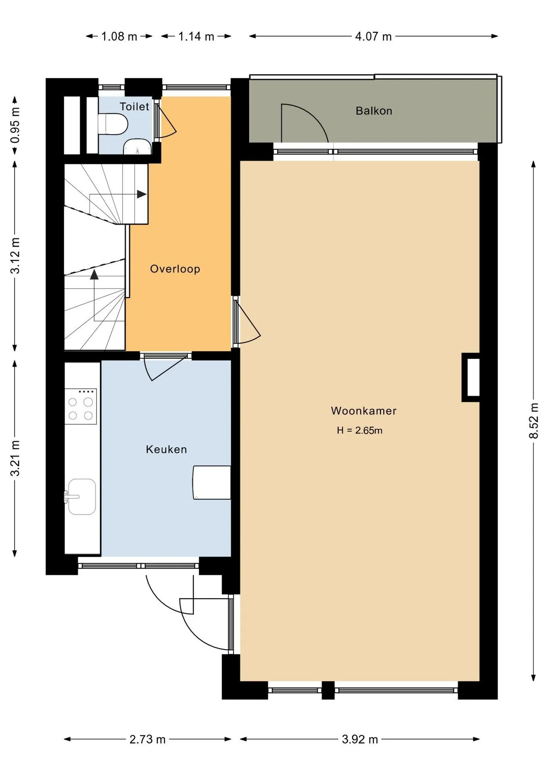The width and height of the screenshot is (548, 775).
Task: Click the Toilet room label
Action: pyautogui.click(x=134, y=107)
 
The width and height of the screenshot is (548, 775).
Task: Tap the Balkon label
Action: pyautogui.click(x=374, y=111)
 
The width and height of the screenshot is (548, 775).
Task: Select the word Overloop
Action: pyautogui.click(x=175, y=269)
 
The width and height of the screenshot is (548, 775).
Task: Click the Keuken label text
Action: pyautogui.click(x=166, y=449)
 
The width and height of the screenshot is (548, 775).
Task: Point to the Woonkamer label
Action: pyautogui.click(x=364, y=411)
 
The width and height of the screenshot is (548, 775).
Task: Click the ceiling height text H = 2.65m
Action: pyautogui.click(x=360, y=430)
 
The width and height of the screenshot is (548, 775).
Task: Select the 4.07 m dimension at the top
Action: pyautogui.click(x=373, y=37)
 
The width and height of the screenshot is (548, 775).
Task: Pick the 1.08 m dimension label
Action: pyautogui.click(x=119, y=37)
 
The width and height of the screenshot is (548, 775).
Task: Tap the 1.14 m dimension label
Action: pyautogui.click(x=196, y=37)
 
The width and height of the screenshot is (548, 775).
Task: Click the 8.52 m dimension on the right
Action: pyautogui.click(x=534, y=421)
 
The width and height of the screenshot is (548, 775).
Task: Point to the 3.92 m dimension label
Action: pyautogui.click(x=360, y=739)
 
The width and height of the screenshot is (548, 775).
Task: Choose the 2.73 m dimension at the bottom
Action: pyautogui.click(x=147, y=739)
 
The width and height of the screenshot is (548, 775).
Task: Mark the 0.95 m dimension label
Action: pyautogui.click(x=15, y=125)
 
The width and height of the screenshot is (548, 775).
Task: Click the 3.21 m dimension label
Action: pyautogui.click(x=15, y=458)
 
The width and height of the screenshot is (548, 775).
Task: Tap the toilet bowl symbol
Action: pyautogui.click(x=113, y=124)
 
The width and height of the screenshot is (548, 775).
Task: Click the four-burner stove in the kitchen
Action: pyautogui.click(x=81, y=406)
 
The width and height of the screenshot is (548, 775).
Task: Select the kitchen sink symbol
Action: pyautogui.click(x=82, y=497)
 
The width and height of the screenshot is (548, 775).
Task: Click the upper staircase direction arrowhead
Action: pyautogui.click(x=142, y=194)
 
